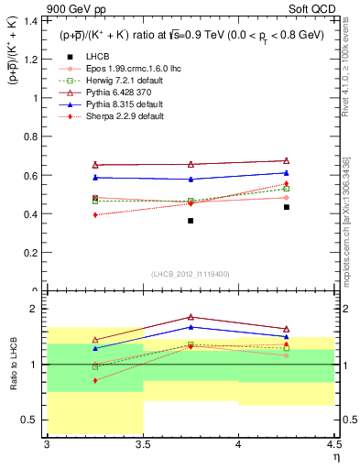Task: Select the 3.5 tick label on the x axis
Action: (x=142, y=445)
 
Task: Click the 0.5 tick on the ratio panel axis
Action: (x=33, y=420)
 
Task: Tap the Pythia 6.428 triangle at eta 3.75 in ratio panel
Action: (x=191, y=317)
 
